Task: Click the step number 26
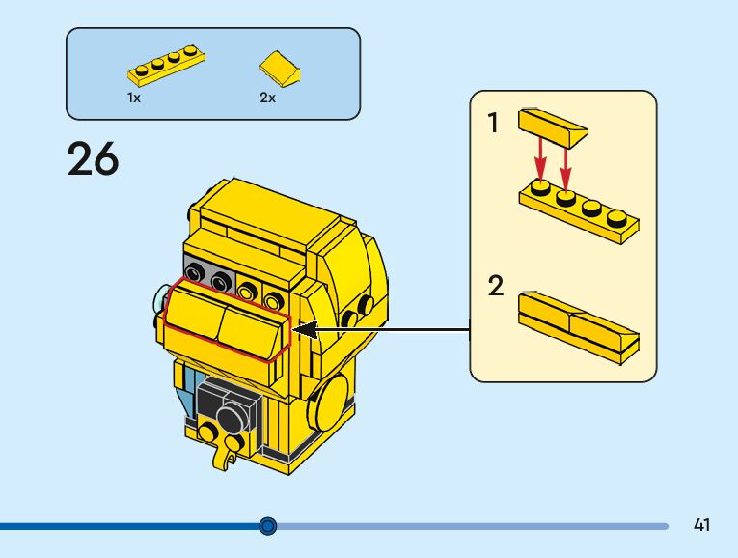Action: (x=93, y=159)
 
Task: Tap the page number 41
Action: (x=701, y=525)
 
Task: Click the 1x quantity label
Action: (x=134, y=98)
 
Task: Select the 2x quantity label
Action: (x=267, y=98)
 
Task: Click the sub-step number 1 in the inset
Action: (x=494, y=124)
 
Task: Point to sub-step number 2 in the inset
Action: (x=496, y=287)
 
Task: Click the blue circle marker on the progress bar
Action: (x=268, y=526)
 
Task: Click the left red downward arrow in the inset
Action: (x=541, y=158)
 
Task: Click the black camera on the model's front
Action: (x=228, y=412)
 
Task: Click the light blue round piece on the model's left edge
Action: (x=159, y=306)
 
